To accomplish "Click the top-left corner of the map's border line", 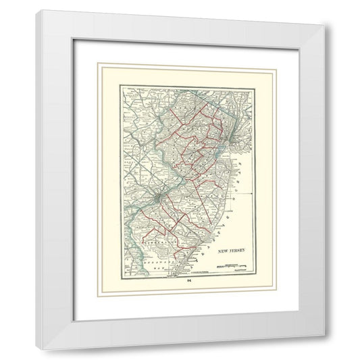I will pos(120,86).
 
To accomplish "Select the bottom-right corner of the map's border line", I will pos(252,277).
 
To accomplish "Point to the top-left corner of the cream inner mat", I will pos(98,63).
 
